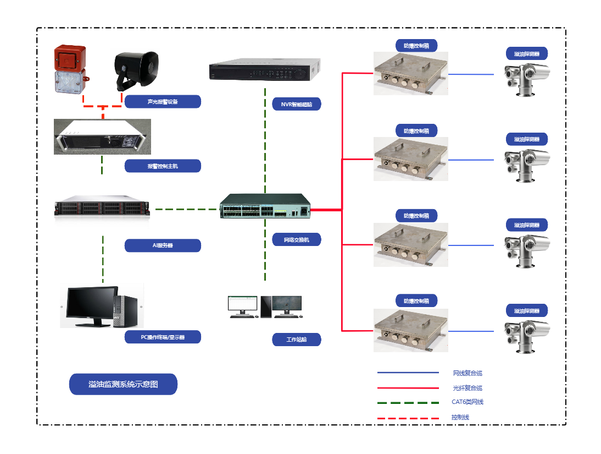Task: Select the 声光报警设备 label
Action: click(x=163, y=102)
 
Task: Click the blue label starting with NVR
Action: click(x=297, y=104)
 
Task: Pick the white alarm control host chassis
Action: click(x=102, y=136)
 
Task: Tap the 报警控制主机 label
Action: click(x=163, y=166)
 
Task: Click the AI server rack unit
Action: click(x=102, y=208)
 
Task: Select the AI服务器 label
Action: click(x=163, y=245)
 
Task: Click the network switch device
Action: click(x=265, y=206)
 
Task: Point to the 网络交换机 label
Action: click(x=297, y=239)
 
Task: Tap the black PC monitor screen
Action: click(x=92, y=304)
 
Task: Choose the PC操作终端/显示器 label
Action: click(x=163, y=337)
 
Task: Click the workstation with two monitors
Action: click(x=265, y=307)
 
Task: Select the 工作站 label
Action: click(x=297, y=340)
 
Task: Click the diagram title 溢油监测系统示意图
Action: click(x=123, y=384)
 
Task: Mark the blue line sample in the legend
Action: click(x=408, y=373)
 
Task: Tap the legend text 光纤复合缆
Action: click(x=468, y=388)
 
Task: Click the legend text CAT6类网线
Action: click(x=468, y=402)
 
